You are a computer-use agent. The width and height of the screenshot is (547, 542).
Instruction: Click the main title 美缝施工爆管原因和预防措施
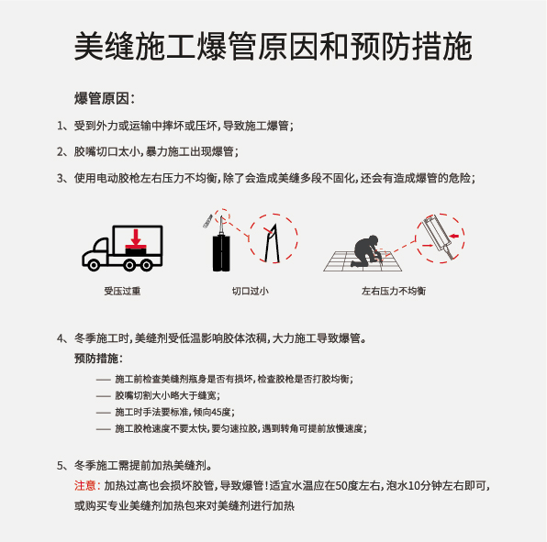coord(273,46)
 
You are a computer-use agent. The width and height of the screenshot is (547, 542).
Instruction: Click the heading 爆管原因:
coord(105,98)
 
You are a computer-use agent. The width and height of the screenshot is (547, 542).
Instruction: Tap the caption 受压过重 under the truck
coord(122,291)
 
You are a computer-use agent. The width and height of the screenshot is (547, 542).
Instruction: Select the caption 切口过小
coord(251,291)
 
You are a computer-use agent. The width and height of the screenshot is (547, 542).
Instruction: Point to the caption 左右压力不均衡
coord(394,291)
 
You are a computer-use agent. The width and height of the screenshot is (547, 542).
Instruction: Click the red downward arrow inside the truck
coord(136,238)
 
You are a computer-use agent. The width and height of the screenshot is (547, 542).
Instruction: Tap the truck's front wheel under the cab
coord(93,265)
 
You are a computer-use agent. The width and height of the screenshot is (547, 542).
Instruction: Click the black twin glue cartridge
coord(221,253)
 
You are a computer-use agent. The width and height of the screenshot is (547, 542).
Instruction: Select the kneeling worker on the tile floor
coord(366,251)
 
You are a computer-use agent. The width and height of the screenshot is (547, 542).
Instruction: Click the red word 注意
coord(84,485)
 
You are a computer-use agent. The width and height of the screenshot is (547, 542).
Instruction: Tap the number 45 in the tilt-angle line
coord(217,412)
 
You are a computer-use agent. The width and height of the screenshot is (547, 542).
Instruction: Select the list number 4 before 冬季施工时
coord(60,338)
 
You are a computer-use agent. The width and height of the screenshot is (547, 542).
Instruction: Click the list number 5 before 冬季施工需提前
coord(60,465)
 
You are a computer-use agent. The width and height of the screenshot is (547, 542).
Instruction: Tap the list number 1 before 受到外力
coord(60,126)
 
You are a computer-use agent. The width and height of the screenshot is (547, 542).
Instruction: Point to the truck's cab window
coord(102,246)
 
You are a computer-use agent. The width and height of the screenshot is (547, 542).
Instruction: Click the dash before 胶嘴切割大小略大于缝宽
coord(104,396)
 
